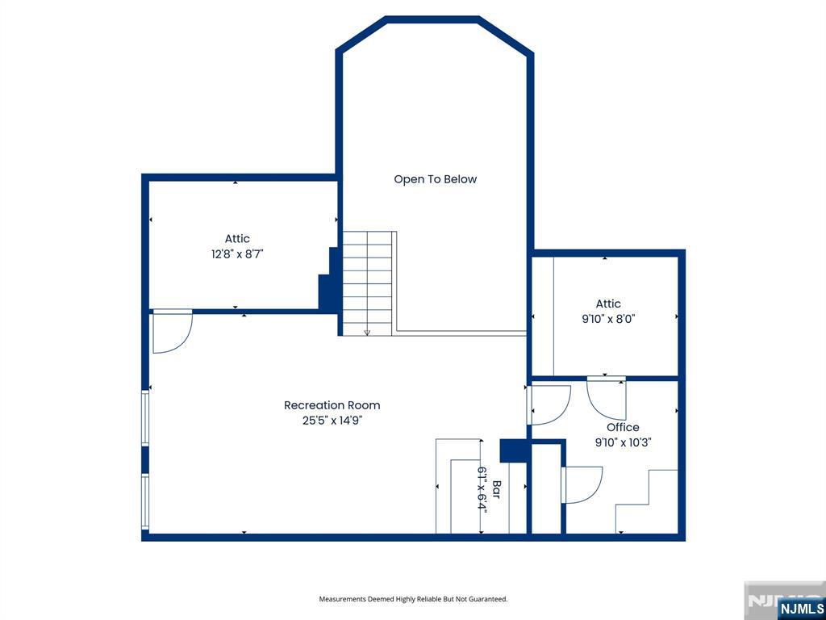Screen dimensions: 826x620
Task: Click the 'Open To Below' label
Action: (x=435, y=179)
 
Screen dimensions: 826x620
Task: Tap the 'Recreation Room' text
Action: (x=332, y=405)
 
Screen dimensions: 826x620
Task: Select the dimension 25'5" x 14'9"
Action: (x=332, y=421)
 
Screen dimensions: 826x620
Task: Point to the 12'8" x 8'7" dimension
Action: (x=237, y=254)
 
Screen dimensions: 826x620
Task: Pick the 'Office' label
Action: (x=623, y=427)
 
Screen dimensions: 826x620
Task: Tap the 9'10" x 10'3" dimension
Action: (x=624, y=442)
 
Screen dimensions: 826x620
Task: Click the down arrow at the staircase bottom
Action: (x=367, y=332)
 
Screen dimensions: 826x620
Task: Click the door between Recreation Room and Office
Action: (x=549, y=405)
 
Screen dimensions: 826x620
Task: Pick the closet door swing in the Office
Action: (x=582, y=485)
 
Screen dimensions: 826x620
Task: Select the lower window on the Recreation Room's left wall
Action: (x=145, y=501)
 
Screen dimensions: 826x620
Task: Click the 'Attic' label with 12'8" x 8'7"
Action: (x=237, y=239)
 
